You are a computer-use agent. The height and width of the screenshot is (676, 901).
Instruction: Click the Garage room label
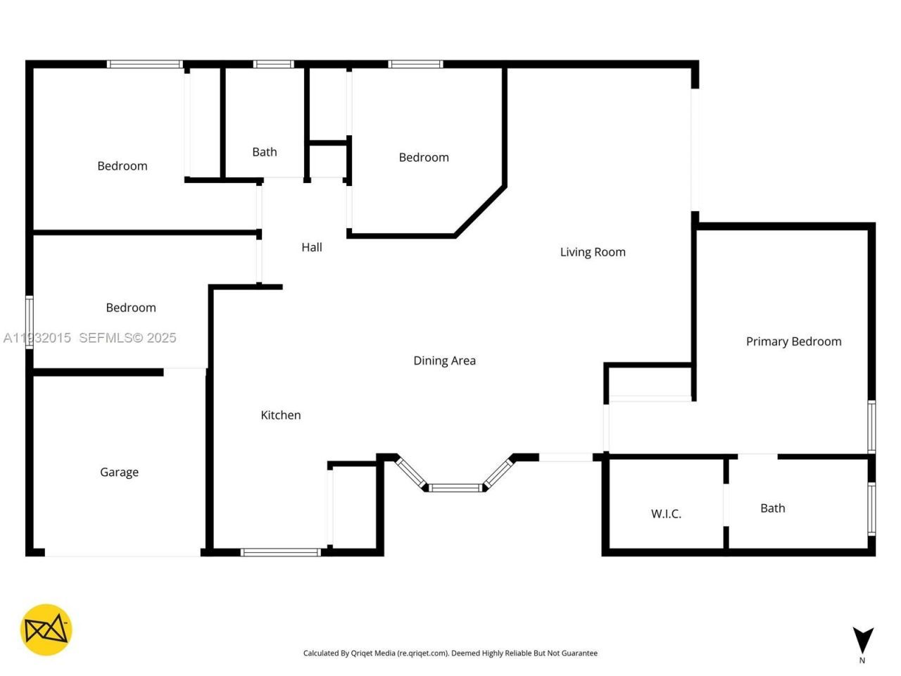point(119,472)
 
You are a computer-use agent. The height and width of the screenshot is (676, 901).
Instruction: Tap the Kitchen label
point(281,415)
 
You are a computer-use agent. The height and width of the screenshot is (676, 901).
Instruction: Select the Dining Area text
point(444,361)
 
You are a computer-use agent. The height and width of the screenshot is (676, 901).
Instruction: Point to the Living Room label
point(593,252)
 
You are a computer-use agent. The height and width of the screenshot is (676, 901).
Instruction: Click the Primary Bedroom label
point(793,342)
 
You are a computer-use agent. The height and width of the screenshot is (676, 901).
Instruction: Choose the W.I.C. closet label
point(666,514)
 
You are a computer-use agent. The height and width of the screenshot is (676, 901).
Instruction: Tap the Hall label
point(312,247)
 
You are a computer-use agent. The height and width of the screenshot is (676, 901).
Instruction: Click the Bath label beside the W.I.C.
point(772,508)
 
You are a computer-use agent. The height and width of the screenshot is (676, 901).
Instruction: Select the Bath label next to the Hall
point(265,152)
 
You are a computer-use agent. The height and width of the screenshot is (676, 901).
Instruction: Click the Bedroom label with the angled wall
point(424,158)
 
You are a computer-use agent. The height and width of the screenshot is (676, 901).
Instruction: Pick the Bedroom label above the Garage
point(131,308)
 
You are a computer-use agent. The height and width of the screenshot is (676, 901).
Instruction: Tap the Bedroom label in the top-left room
point(122,166)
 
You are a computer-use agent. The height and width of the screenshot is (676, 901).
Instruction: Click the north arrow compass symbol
point(863,640)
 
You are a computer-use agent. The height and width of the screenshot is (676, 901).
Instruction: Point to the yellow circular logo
point(46,630)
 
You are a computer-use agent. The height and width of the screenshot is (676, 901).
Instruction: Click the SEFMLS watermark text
point(127,338)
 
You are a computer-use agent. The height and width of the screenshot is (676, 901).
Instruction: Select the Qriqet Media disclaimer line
point(450,653)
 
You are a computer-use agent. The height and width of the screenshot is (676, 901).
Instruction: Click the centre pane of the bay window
point(455,487)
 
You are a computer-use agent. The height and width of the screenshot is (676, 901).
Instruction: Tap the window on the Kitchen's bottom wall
point(281,552)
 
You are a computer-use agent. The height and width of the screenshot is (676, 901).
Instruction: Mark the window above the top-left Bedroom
point(145,64)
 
